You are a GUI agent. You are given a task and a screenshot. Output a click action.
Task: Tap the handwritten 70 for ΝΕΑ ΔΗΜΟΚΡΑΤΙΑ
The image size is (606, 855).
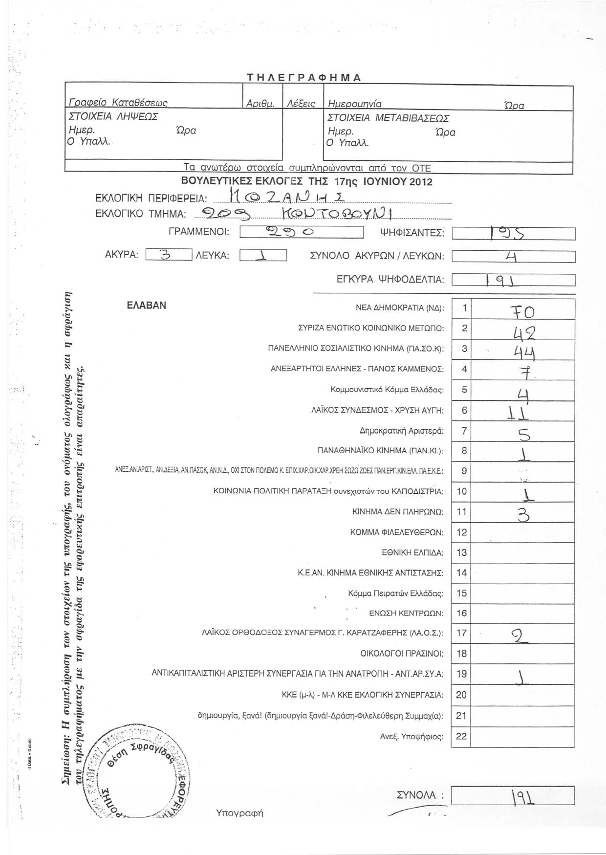tap(522, 311)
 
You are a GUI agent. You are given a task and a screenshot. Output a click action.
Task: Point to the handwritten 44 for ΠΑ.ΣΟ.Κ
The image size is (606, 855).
tap(522, 351)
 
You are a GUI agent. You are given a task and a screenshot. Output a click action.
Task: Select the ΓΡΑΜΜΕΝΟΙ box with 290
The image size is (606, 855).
tap(302, 233)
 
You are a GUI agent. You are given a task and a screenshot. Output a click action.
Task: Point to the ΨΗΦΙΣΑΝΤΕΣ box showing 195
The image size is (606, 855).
tap(513, 234)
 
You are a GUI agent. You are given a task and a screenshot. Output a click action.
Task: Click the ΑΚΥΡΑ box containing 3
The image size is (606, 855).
tap(169, 255)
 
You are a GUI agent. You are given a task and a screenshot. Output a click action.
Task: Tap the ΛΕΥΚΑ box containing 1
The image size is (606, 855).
tap(263, 256)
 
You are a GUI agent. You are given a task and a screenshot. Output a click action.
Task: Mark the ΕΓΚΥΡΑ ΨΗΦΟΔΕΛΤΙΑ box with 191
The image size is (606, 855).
tap(513, 280)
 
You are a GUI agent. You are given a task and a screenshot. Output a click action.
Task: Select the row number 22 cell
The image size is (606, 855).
tap(461, 736)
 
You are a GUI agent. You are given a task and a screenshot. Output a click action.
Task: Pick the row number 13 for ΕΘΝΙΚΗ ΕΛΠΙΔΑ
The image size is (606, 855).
tap(461, 552)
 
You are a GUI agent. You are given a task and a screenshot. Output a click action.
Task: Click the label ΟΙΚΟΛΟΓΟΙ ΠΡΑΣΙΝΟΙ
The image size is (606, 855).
tap(402, 654)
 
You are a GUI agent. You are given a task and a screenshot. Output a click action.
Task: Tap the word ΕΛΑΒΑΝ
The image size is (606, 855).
tap(146, 306)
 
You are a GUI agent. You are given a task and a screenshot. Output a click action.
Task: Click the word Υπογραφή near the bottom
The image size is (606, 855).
tap(239, 813)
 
